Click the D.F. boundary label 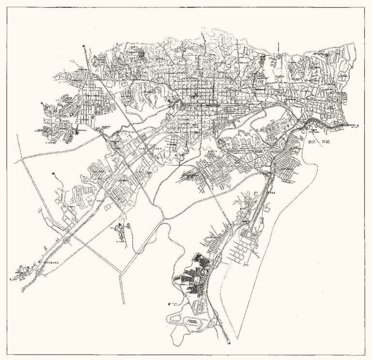312,142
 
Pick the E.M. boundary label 334,142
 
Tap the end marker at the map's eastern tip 357,126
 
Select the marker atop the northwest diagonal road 84,46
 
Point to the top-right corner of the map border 365,7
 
